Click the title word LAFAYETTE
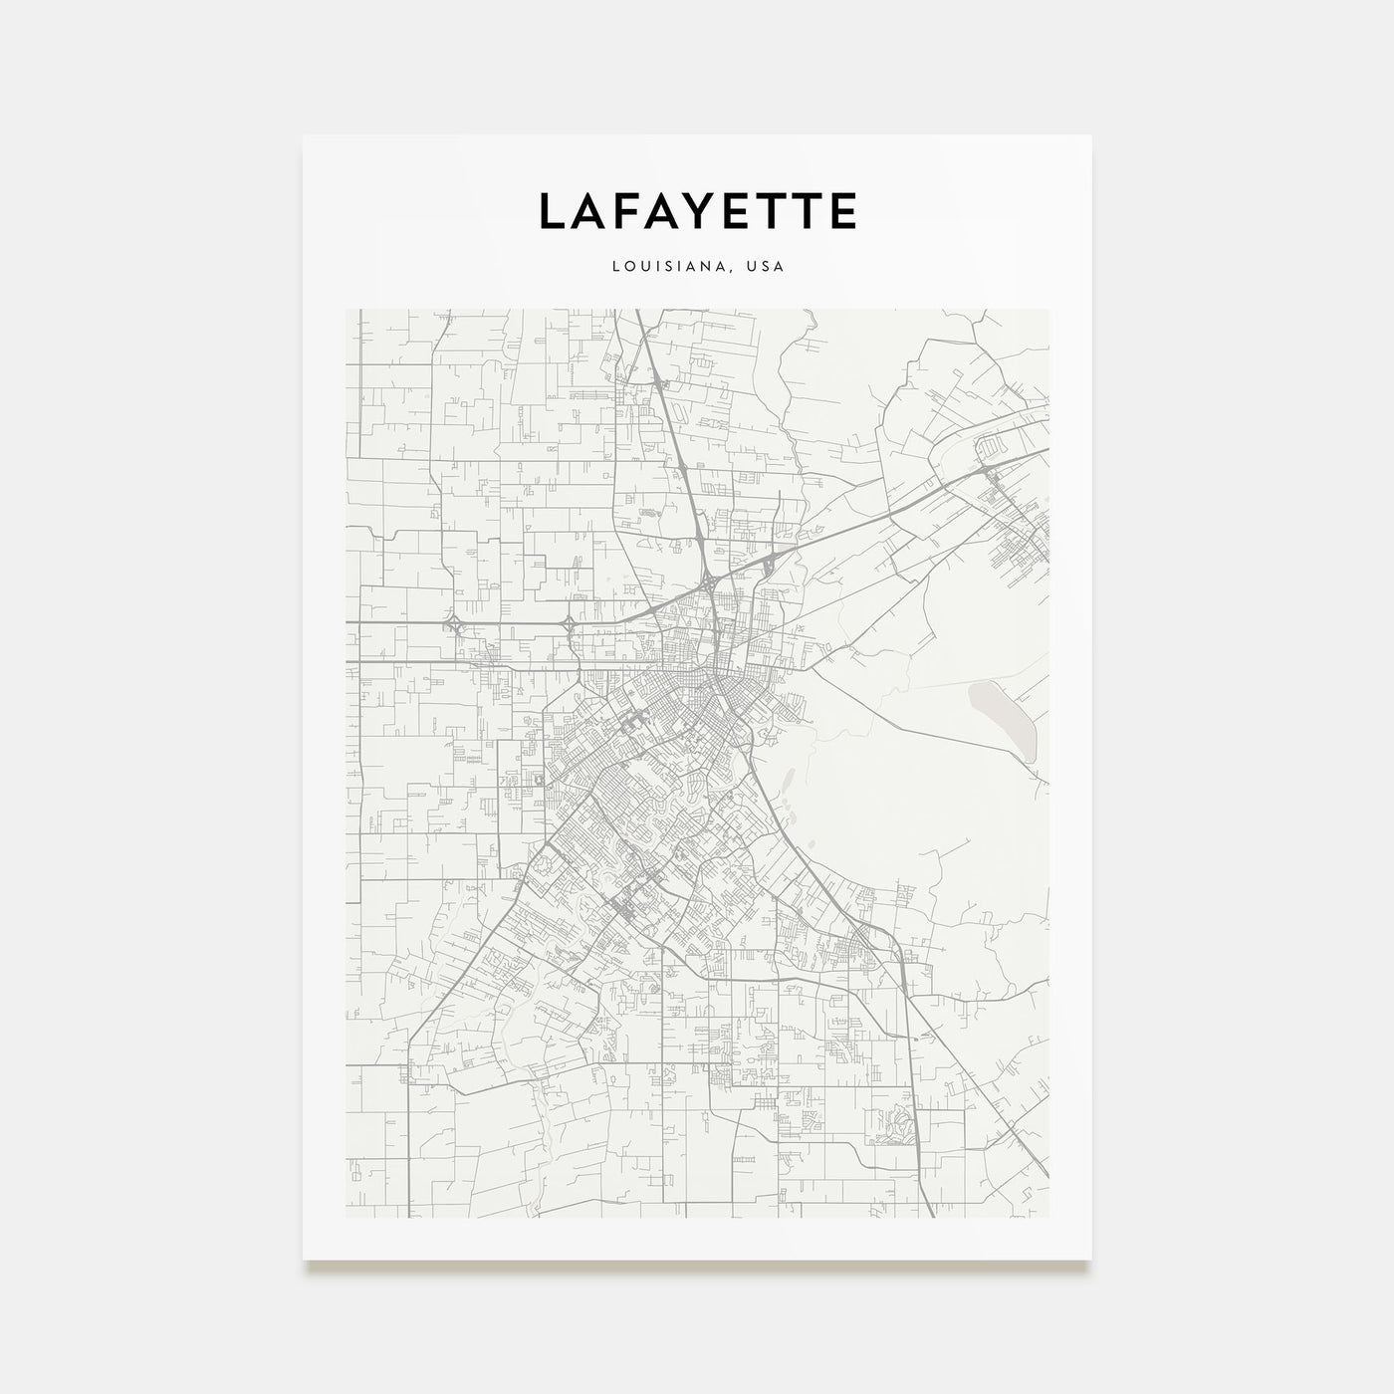pyautogui.click(x=697, y=211)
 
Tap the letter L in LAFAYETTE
pyautogui.click(x=553, y=211)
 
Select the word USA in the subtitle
pyautogui.click(x=767, y=267)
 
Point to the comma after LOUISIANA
pyautogui.click(x=738, y=271)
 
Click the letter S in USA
pyautogui.click(x=767, y=267)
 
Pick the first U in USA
pyautogui.click(x=754, y=267)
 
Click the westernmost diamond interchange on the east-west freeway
pyautogui.click(x=454, y=624)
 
